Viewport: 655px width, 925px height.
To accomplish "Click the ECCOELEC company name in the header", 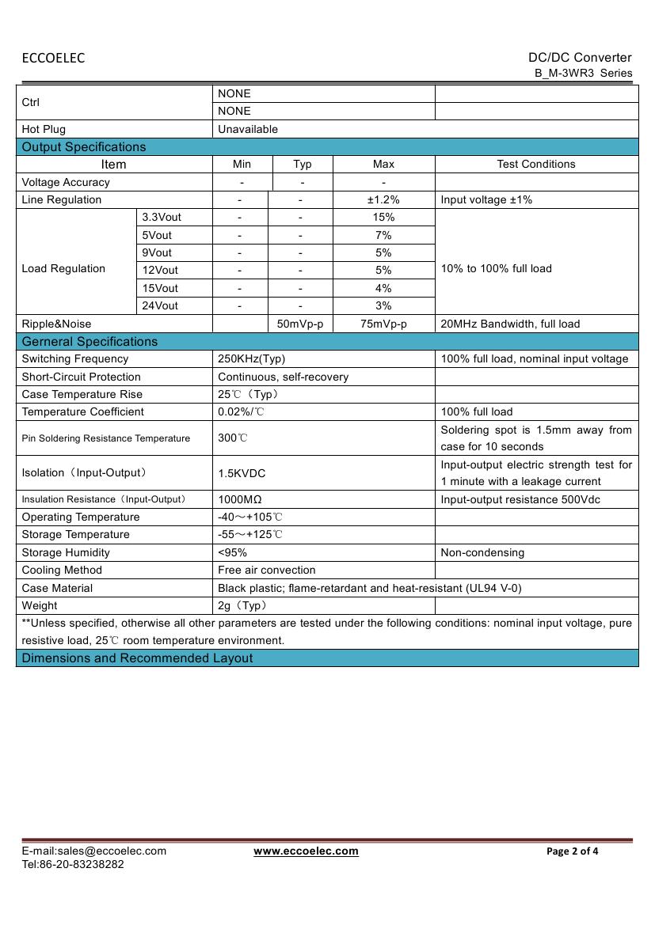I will [x=53, y=58].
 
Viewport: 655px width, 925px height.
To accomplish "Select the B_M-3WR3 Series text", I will [x=584, y=73].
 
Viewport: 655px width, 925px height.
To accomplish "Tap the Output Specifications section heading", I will [x=84, y=146].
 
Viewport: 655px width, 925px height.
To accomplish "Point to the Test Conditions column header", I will [x=536, y=164].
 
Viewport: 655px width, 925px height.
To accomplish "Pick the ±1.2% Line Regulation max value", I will [x=383, y=199].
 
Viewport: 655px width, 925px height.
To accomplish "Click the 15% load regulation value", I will [x=383, y=217].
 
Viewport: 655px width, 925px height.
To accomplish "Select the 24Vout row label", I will [x=160, y=305].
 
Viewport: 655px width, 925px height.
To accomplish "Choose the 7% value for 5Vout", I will [x=383, y=235].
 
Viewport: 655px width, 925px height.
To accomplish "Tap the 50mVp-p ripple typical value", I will [x=301, y=324].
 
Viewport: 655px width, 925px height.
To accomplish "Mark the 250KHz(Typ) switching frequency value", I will [x=251, y=358].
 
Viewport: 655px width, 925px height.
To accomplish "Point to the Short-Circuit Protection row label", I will [x=82, y=377].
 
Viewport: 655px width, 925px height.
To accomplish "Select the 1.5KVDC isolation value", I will [x=242, y=473].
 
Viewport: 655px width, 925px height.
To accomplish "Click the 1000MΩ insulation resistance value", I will [x=240, y=499].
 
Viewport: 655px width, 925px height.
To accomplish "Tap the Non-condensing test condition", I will [x=482, y=552].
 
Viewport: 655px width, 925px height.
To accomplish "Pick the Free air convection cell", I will [x=266, y=570].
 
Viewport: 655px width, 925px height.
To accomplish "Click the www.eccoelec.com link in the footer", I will [x=306, y=851].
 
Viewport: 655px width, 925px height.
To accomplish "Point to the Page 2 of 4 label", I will [x=573, y=851].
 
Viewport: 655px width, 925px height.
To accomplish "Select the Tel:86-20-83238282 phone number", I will [x=73, y=864].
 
